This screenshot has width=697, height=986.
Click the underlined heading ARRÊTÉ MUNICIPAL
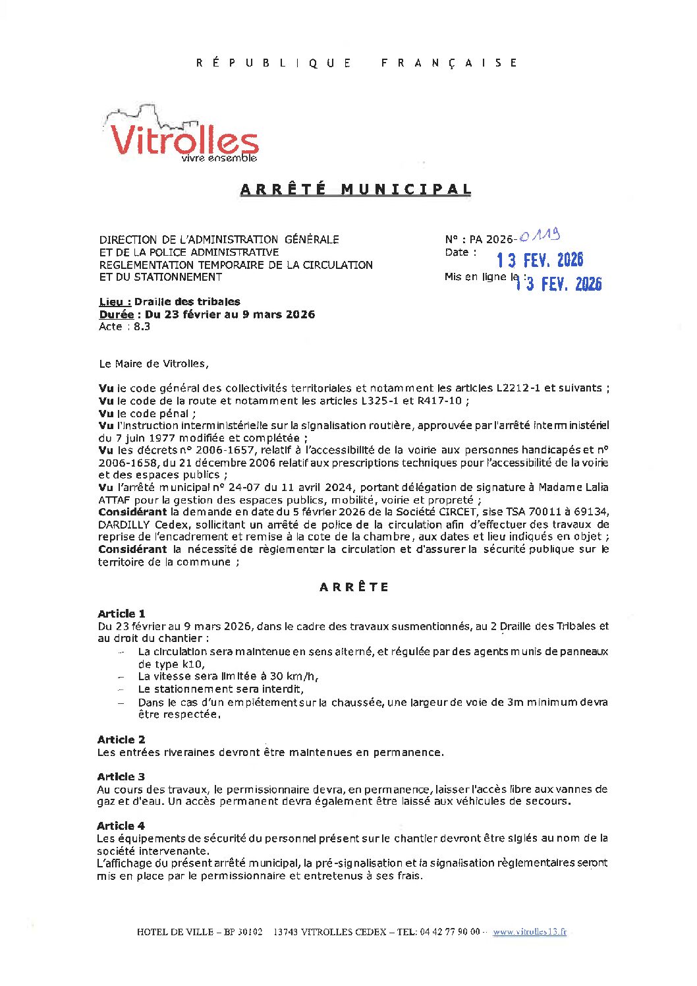coord(356,189)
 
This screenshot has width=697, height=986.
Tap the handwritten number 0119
coord(539,235)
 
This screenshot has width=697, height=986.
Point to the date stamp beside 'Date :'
coord(540,260)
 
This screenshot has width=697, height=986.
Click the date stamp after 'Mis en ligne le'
coord(559,283)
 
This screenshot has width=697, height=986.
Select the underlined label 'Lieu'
coord(115,302)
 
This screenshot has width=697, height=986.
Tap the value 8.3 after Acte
coord(142,327)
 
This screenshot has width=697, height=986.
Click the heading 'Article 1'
coord(121,614)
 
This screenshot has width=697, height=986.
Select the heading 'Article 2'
coord(121,739)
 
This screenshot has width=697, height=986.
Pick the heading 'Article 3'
coord(121,776)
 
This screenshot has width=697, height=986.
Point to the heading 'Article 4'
coord(121,826)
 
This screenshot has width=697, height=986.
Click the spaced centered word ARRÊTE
coord(354,587)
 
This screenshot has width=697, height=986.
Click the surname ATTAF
coord(115,500)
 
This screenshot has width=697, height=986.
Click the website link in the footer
coord(529,932)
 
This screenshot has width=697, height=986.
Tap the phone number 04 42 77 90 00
coord(449,932)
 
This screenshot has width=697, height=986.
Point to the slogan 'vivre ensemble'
coord(219,158)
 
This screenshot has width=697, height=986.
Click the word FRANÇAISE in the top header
coord(449,63)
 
